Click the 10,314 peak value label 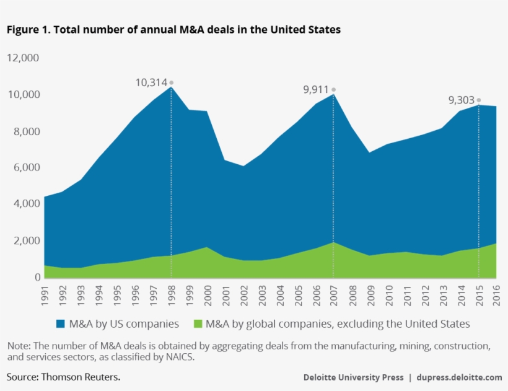point(151,82)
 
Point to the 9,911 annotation point(315,90)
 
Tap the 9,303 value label point(462,100)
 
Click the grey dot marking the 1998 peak point(171,82)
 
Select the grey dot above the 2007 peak point(333,90)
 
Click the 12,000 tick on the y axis point(23,58)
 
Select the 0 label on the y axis point(37,278)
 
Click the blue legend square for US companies point(60,323)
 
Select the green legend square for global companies point(198,323)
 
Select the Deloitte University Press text point(353,377)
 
